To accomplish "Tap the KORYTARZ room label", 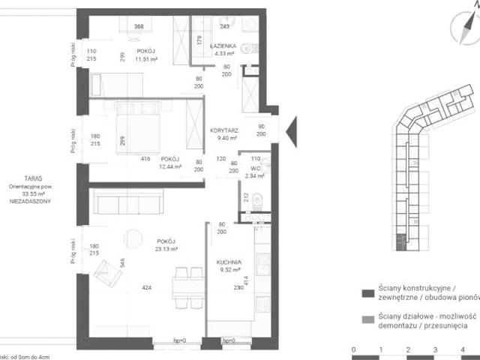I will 223,130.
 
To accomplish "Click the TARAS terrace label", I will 32,178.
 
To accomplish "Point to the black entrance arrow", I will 292,127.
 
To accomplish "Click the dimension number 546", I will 122,264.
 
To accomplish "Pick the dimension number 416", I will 145,158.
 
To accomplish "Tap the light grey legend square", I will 367,318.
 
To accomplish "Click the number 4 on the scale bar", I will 463,349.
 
